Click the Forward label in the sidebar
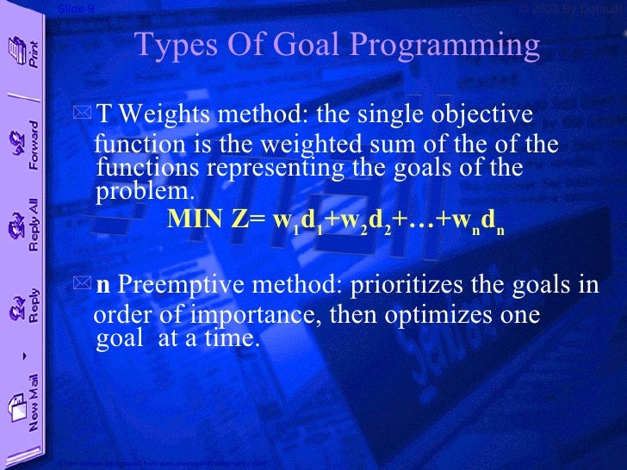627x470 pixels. (x=34, y=147)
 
